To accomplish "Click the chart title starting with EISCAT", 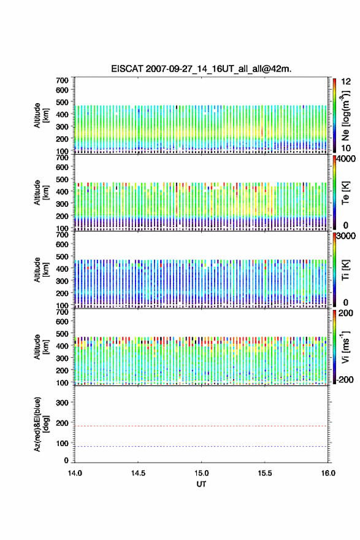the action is [x=201, y=69].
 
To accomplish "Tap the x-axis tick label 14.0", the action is [x=75, y=473].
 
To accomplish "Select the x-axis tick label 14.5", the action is [x=138, y=473].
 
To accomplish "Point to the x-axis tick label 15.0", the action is [x=201, y=473].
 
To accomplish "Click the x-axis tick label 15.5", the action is [x=265, y=473].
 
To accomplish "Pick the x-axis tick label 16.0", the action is [x=328, y=473].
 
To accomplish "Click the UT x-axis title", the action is [x=201, y=484].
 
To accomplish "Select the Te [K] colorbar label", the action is [x=345, y=193].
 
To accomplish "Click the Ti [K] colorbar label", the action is [x=345, y=269].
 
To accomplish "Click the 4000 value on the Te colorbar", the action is [x=346, y=159].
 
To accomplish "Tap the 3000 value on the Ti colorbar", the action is [x=346, y=236].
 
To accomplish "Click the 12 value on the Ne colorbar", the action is [x=346, y=82].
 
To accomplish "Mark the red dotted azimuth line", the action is [x=201, y=426].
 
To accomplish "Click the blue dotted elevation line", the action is [x=201, y=446].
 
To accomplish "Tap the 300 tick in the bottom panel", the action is [x=62, y=403].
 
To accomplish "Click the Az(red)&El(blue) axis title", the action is [x=41, y=424].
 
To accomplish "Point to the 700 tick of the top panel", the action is [x=62, y=80].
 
